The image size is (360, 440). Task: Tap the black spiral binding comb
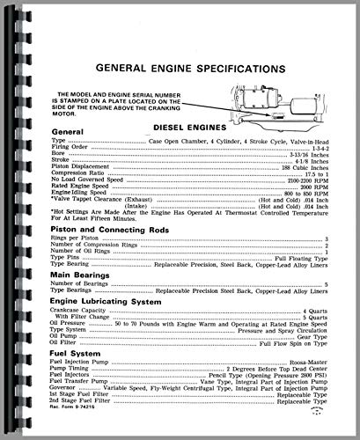(x=11, y=220)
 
